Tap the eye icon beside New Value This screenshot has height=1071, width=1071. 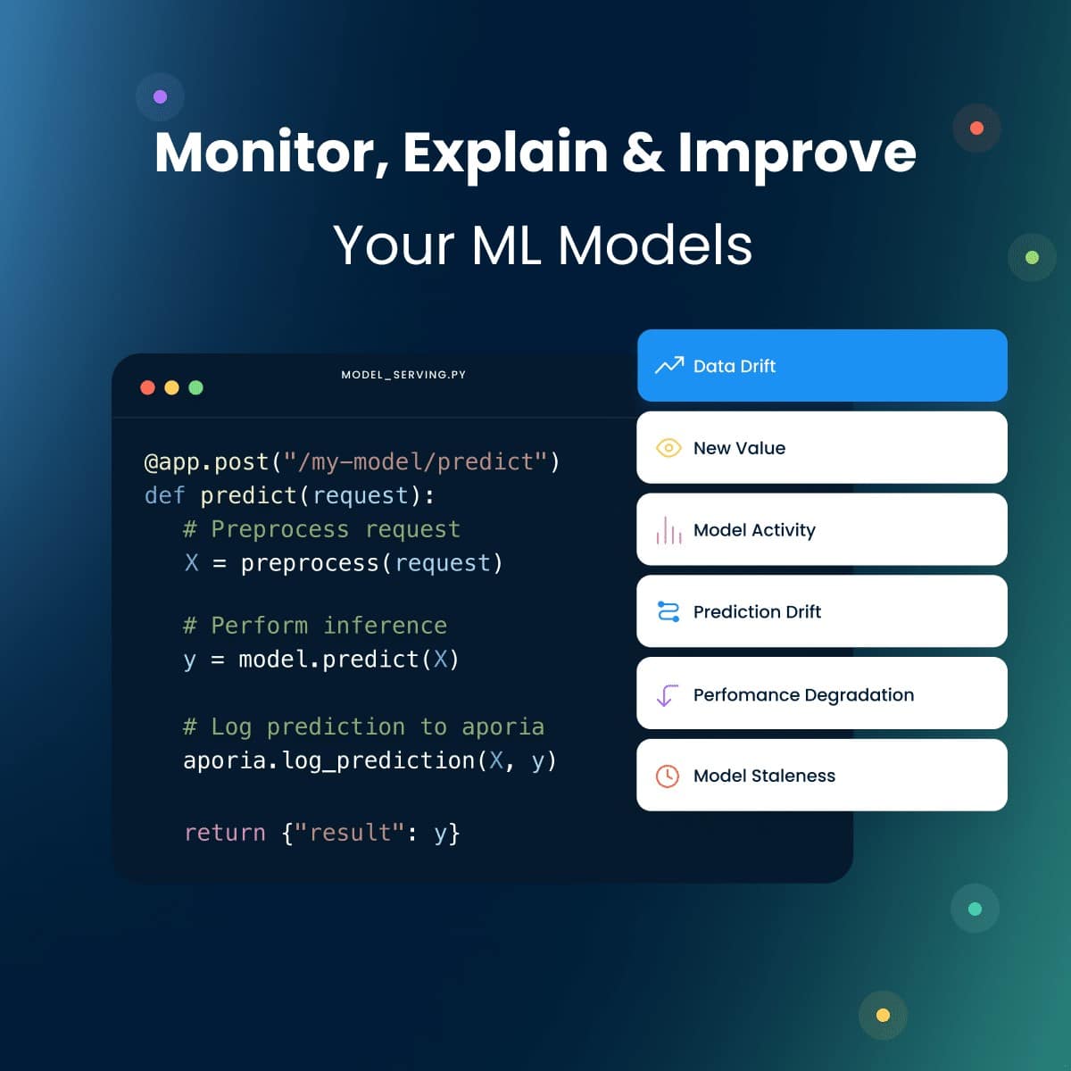(x=668, y=448)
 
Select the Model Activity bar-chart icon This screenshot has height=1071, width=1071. (x=668, y=530)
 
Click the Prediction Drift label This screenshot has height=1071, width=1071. (x=757, y=612)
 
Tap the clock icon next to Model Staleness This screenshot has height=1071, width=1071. (x=668, y=776)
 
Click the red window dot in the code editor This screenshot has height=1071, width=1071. (x=148, y=387)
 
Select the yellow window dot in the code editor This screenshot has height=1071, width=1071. (x=172, y=387)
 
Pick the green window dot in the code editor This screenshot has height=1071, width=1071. (x=196, y=387)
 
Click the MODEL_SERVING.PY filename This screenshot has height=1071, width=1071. (x=403, y=375)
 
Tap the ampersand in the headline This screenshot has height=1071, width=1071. (x=643, y=154)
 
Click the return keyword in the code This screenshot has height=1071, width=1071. (x=225, y=833)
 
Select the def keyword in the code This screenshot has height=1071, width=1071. (x=164, y=495)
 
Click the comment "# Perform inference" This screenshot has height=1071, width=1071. (x=315, y=626)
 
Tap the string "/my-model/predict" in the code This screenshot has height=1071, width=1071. (x=415, y=462)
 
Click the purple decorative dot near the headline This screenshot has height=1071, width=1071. (x=161, y=96)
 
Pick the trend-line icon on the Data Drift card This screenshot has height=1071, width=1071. (x=669, y=366)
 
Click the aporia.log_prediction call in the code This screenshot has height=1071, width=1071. (x=328, y=760)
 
